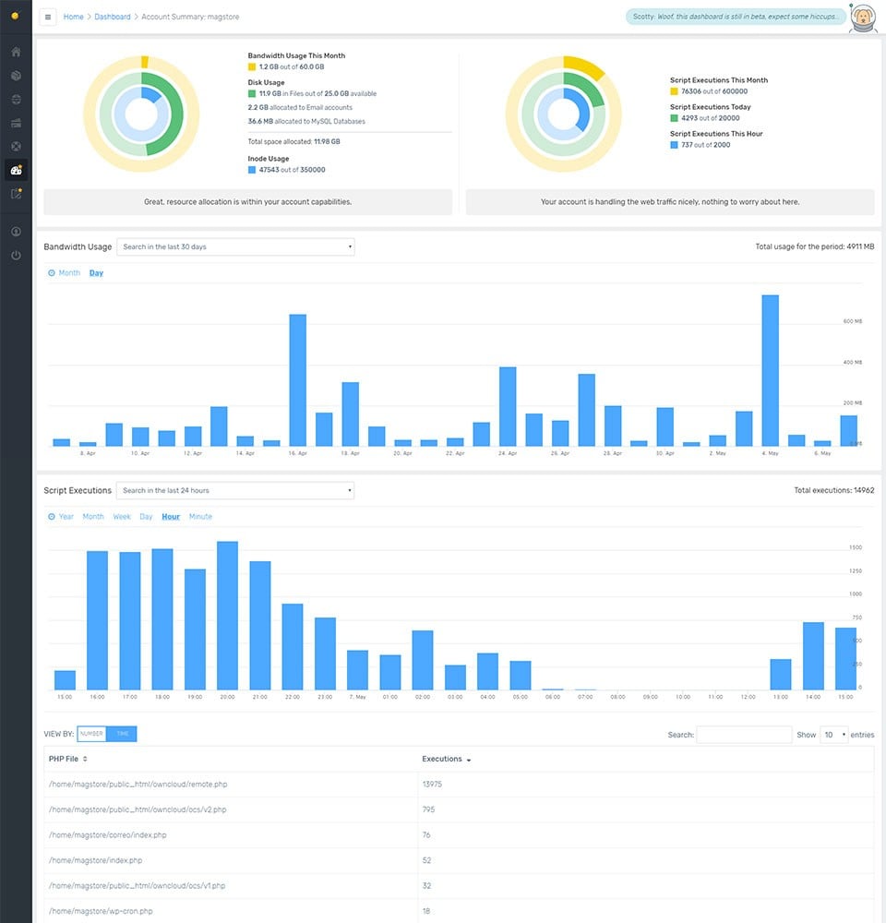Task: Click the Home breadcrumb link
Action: click(73, 17)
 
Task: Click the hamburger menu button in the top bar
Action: click(48, 17)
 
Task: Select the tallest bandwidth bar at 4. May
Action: click(770, 370)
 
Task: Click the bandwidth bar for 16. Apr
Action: click(297, 380)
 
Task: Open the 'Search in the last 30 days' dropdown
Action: click(235, 246)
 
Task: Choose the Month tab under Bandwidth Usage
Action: click(69, 273)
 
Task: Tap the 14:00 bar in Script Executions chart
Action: click(812, 656)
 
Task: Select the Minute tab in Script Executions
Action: click(200, 517)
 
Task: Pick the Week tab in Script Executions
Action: click(122, 517)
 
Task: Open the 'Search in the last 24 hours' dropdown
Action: click(235, 490)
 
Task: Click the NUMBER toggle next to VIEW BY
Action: click(91, 734)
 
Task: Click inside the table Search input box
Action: click(744, 735)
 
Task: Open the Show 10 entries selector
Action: click(834, 735)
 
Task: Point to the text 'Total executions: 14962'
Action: click(833, 490)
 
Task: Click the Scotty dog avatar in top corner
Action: click(862, 17)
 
